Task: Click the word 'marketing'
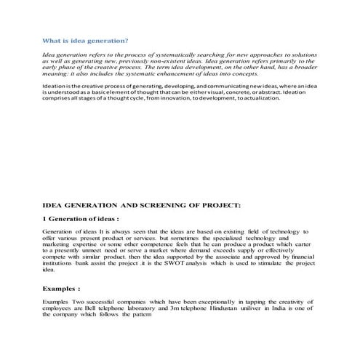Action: (57, 244)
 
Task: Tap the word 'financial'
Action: (303, 257)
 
